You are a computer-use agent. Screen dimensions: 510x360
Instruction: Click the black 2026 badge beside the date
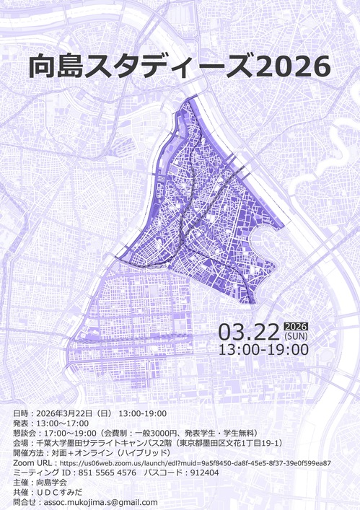pos(297,325)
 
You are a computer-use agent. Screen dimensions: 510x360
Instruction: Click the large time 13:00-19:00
pos(263,350)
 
